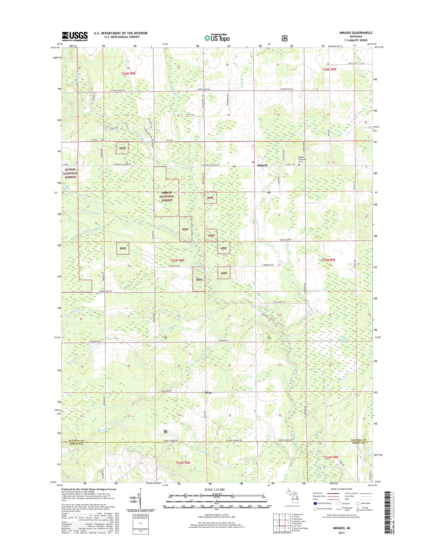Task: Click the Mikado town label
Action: [x=263, y=165]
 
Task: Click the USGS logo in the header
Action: [x=75, y=36]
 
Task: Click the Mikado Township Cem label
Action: [x=303, y=159]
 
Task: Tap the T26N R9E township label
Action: [x=329, y=69]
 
